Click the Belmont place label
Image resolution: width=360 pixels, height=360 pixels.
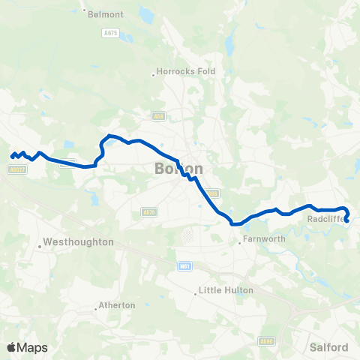tap(106, 13)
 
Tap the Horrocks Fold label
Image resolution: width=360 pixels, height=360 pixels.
tap(187, 72)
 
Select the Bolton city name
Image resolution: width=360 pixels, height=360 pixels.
tap(178, 168)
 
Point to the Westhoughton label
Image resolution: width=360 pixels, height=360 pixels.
tap(79, 242)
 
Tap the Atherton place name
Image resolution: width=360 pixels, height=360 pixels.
tap(118, 305)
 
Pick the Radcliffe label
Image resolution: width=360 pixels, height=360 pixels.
tap(325, 220)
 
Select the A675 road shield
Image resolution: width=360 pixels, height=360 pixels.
tap(112, 34)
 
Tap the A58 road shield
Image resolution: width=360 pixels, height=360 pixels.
tap(157, 116)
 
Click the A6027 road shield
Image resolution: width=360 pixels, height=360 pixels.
tap(18, 170)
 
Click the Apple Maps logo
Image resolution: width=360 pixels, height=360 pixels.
tap(27, 347)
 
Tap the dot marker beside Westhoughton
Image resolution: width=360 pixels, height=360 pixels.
tap(39, 243)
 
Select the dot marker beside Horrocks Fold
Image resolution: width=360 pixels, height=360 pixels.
tap(153, 73)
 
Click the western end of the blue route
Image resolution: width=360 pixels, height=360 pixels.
tap(12, 156)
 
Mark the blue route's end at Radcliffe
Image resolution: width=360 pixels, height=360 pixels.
tap(347, 220)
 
